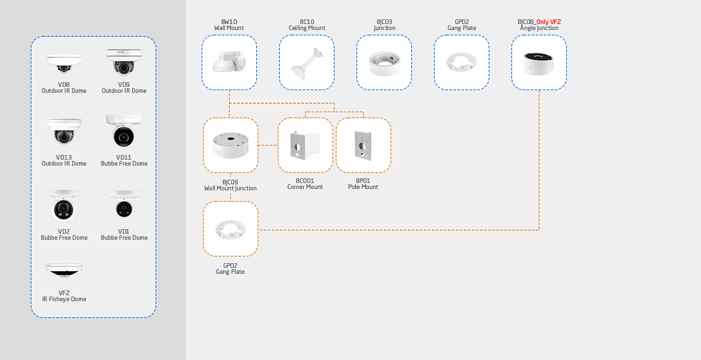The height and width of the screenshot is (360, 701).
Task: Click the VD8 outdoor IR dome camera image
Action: [64, 64]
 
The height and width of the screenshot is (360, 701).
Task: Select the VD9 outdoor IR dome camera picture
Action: [124, 62]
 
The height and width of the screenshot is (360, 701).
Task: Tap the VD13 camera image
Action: [64, 132]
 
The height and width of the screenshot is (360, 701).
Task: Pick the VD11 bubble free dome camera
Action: [124, 131]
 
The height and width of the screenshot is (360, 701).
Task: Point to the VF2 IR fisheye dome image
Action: [64, 270]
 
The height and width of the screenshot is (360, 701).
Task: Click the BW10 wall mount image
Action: [229, 62]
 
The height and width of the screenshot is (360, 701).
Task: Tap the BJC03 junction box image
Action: [384, 63]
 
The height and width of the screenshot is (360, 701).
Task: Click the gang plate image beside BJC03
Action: [461, 63]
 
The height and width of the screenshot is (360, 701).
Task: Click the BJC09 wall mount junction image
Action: [230, 145]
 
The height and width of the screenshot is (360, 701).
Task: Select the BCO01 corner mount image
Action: [305, 145]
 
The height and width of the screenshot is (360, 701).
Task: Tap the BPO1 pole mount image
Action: [363, 145]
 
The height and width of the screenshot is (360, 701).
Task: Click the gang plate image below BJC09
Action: [230, 229]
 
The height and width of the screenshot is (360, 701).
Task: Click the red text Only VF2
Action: [548, 22]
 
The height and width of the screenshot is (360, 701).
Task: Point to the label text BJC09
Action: [230, 182]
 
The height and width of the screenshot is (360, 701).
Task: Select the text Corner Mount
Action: [305, 187]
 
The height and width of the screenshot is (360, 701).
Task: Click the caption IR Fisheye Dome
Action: [64, 299]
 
